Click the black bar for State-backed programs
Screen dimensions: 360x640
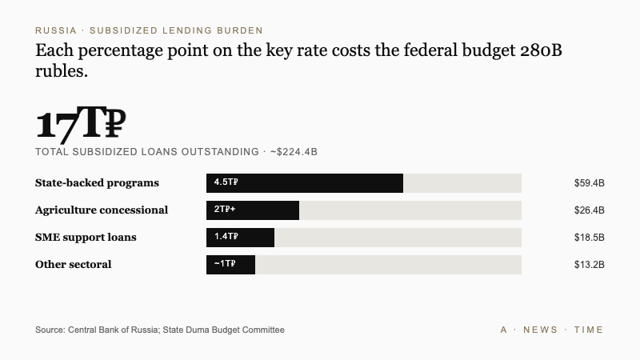pyautogui.click(x=305, y=183)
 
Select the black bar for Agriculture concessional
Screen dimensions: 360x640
pyautogui.click(x=253, y=210)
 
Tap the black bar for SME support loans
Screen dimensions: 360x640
pyautogui.click(x=240, y=238)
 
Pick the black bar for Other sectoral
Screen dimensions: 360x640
pyautogui.click(x=230, y=265)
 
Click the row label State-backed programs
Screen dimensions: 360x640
pyautogui.click(x=97, y=183)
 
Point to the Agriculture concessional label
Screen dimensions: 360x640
pyautogui.click(x=102, y=210)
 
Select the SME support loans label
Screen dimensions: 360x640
pyautogui.click(x=86, y=238)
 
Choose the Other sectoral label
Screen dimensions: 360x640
pyautogui.click(x=73, y=265)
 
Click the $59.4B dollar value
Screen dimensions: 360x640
pyautogui.click(x=589, y=183)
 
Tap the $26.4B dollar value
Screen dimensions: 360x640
pyautogui.click(x=589, y=210)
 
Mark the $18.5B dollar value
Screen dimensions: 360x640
pyautogui.click(x=589, y=238)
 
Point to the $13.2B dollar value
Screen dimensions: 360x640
pyautogui.click(x=589, y=265)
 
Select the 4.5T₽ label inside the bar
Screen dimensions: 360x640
pyautogui.click(x=226, y=182)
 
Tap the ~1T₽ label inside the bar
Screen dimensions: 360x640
pyautogui.click(x=225, y=264)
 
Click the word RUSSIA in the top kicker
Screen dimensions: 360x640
pyautogui.click(x=55, y=30)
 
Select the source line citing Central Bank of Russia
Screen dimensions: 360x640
pyautogui.click(x=159, y=330)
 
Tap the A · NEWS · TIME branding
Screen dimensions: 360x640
pyautogui.click(x=551, y=330)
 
